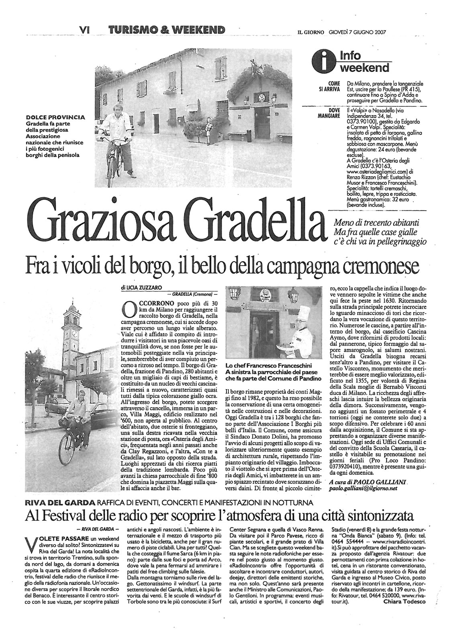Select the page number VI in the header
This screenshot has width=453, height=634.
click(85, 29)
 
